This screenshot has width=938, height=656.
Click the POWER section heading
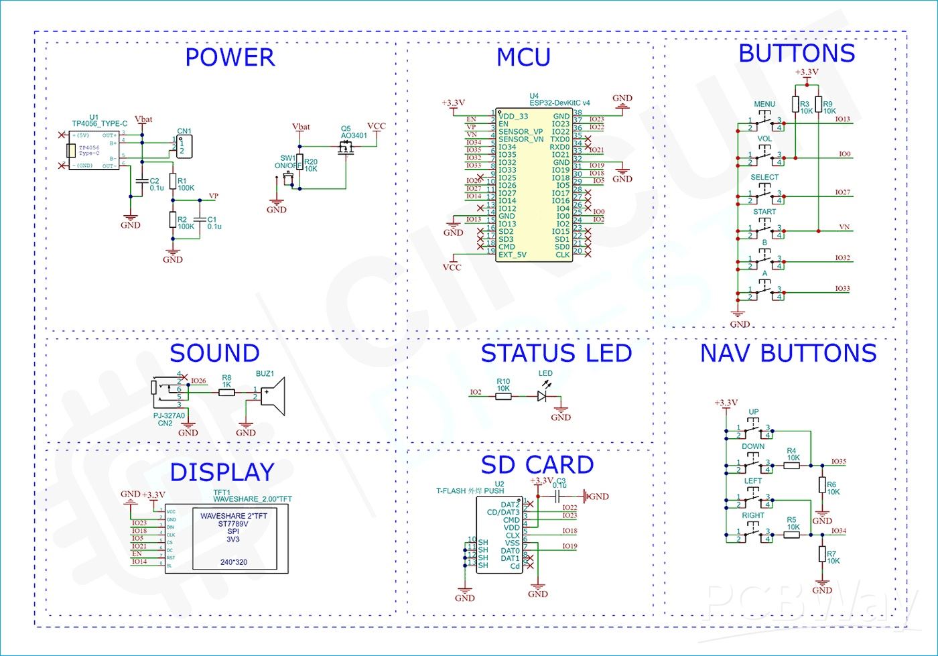(230, 58)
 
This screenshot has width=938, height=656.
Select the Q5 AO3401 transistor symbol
(346, 150)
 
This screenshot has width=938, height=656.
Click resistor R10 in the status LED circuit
(503, 397)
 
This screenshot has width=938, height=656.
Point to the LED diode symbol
(542, 396)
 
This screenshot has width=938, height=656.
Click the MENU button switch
(764, 121)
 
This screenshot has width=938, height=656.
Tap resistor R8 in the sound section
(226, 392)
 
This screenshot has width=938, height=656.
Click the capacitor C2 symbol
(141, 182)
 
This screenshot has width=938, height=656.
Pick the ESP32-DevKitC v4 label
(559, 103)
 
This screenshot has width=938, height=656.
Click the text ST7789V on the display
(233, 524)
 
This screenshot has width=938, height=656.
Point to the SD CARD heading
(537, 465)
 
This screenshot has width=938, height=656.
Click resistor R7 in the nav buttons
(822, 553)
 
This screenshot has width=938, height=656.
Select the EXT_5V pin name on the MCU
(513, 255)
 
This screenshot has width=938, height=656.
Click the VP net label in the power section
(214, 196)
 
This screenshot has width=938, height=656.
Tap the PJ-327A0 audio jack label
(169, 415)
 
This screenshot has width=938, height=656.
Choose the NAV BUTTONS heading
(789, 353)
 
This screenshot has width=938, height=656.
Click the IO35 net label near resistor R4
(838, 462)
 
